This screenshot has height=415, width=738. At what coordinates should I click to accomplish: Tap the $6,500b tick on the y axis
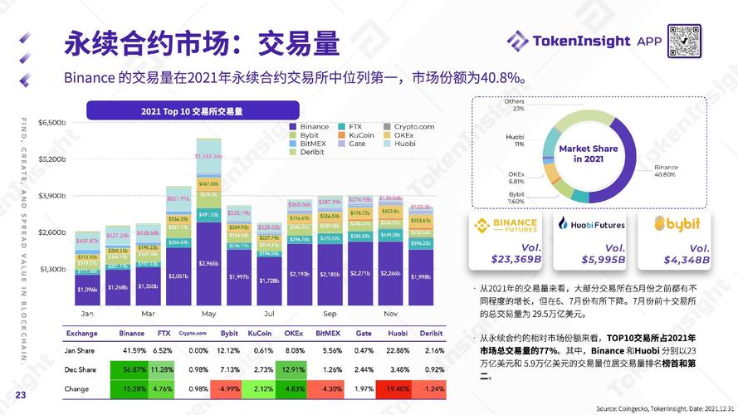pyautogui.click(x=52, y=123)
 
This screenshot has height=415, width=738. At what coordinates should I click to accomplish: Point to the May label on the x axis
pyautogui.click(x=208, y=315)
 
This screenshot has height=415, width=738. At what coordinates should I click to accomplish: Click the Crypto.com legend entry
pyautogui.click(x=413, y=126)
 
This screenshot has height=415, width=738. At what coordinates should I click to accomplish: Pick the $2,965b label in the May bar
pyautogui.click(x=208, y=262)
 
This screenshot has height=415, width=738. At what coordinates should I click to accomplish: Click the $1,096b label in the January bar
pyautogui.click(x=87, y=289)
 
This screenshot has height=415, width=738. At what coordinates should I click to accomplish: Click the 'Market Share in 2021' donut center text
pyautogui.click(x=588, y=154)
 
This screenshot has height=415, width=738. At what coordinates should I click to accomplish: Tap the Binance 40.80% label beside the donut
pyautogui.click(x=666, y=171)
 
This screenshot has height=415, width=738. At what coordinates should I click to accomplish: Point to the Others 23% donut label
pyautogui.click(x=514, y=105)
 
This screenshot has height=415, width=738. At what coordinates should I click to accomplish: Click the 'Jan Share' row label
pyautogui.click(x=80, y=350)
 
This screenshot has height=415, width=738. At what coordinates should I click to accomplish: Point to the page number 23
pyautogui.click(x=22, y=395)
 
